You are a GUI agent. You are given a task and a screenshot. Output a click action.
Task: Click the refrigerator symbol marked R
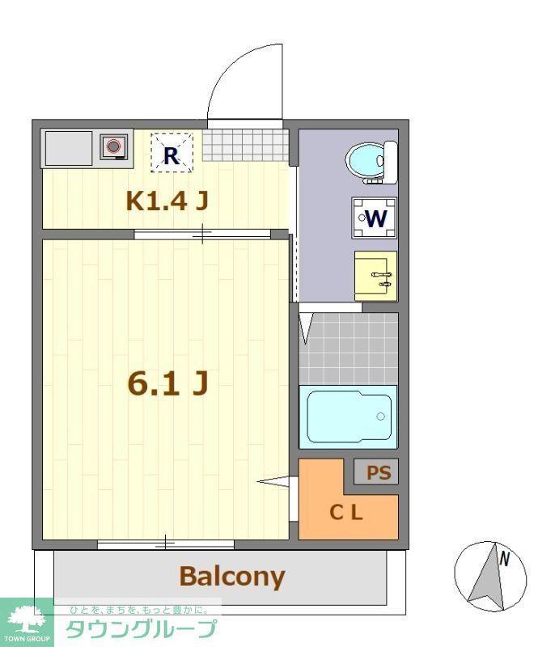point(172,152)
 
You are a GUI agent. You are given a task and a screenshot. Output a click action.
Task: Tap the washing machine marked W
point(375,218)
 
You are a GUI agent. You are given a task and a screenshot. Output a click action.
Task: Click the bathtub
point(348,417)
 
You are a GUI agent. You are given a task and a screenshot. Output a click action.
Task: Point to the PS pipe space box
point(376,472)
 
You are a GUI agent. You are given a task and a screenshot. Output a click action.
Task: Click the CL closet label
point(345,513)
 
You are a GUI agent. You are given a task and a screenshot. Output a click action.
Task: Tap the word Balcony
point(232,577)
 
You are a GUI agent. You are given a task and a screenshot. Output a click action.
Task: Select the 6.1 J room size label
point(167,383)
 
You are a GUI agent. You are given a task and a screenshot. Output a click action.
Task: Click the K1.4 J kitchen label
point(167,201)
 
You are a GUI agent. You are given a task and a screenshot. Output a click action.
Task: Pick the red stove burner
point(113,146)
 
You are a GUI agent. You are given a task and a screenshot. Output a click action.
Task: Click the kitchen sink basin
point(69,148)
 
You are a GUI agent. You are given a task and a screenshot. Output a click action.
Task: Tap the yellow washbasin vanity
point(375,276)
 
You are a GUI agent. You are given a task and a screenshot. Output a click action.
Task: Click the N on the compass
point(504,559)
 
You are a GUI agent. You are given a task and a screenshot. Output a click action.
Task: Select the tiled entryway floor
point(245,146)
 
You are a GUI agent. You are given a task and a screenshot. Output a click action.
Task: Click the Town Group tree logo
point(27,619)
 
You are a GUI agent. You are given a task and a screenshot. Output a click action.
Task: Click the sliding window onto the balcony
point(166,544)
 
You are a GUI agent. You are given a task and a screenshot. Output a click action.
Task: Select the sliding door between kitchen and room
point(202,235)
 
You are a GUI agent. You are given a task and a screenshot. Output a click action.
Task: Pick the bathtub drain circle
point(380,417)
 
